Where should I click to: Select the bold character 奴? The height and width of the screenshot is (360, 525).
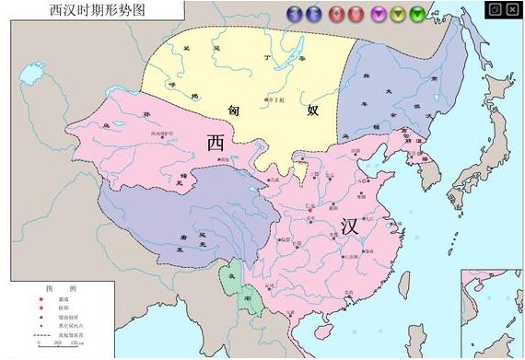pos(312,111)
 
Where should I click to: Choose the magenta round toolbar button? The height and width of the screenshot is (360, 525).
pos(377,13)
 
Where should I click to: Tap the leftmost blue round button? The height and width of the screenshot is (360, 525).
pos(294,13)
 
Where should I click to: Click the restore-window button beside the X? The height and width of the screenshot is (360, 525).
pos(496,9)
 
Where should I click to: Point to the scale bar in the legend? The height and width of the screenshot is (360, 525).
pos(57,345)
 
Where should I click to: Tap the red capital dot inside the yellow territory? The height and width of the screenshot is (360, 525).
pos(266,99)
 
